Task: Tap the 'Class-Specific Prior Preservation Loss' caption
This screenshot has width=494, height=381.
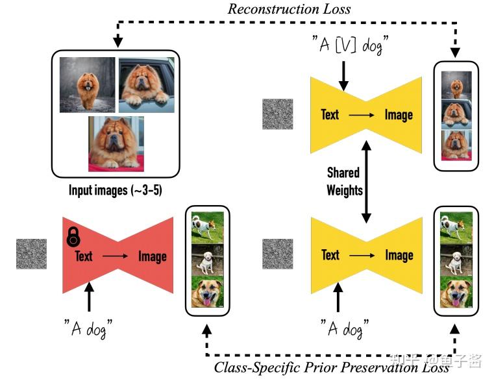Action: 331,367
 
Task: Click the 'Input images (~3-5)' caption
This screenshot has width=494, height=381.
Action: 116,191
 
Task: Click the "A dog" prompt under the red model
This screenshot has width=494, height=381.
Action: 89,328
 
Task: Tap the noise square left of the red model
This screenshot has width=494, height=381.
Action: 32,254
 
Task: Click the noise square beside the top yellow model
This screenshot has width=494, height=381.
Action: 278,114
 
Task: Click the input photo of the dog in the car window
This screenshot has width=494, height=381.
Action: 146,85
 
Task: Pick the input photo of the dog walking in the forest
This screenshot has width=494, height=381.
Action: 87,85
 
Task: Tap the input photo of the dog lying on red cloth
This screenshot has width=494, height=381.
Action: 116,143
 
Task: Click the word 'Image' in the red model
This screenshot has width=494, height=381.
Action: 153,256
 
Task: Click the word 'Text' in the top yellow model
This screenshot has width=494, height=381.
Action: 330,115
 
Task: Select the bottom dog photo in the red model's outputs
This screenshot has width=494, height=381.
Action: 207,292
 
